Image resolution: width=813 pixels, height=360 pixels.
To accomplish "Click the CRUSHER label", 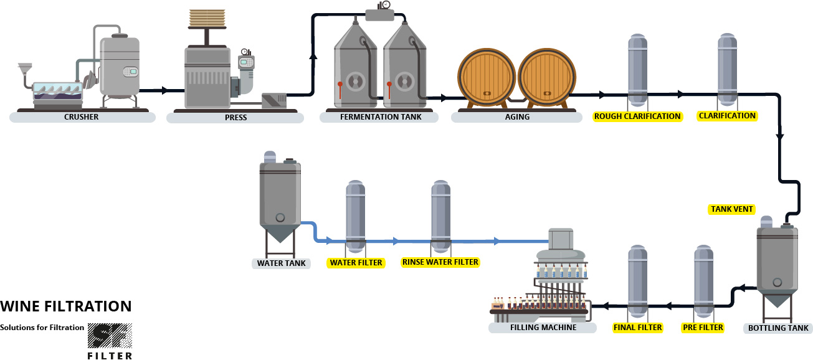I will click(x=82, y=117).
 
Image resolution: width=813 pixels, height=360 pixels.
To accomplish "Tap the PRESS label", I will click(x=235, y=118).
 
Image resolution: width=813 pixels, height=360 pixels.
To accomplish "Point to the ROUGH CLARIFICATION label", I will click(x=637, y=116).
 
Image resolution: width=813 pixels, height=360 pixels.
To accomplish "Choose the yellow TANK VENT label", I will click(x=731, y=209).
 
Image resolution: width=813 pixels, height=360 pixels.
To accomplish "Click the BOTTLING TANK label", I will click(x=778, y=328).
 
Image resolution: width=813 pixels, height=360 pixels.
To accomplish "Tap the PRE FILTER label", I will click(x=703, y=327).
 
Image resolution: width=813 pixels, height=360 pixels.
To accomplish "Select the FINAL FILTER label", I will click(x=637, y=327).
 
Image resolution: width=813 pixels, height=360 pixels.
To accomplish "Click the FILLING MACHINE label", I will click(x=543, y=328).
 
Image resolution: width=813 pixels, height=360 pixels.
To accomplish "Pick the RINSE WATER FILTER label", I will click(x=440, y=262).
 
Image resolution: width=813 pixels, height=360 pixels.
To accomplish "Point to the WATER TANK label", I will click(x=282, y=263).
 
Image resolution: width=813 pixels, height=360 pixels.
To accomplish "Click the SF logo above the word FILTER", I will click(x=110, y=336).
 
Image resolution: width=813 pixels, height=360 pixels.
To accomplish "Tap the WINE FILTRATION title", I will click(x=66, y=306).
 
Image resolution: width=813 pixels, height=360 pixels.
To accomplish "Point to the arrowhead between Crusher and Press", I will click(x=164, y=91).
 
